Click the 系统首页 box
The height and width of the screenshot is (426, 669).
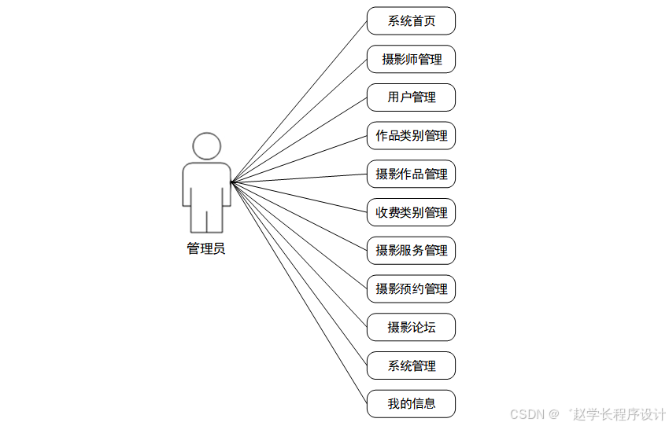point(411,21)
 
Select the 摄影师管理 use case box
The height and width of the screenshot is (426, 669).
point(411,60)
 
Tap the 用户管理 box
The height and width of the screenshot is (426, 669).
point(411,97)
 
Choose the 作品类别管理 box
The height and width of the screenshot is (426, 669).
point(411,136)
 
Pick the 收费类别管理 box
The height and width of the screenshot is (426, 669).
point(411,212)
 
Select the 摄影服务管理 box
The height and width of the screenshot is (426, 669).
point(411,251)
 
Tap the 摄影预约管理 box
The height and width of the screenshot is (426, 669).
point(411,289)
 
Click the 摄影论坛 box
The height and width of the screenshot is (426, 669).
point(411,327)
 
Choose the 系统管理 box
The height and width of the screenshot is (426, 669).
point(411,365)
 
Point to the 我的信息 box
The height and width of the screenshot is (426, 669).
point(411,404)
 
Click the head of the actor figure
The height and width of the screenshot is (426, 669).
point(207,147)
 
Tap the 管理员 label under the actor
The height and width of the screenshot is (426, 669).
point(206,249)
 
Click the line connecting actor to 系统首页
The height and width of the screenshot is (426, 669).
point(299,102)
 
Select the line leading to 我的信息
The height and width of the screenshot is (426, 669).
point(299,292)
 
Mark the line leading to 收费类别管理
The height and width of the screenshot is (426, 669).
point(299,197)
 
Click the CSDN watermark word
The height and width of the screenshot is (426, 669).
point(527,414)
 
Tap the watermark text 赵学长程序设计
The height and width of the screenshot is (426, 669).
point(620,414)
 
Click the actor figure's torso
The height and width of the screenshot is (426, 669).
point(207,185)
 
